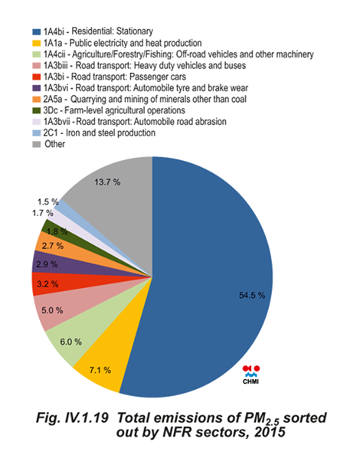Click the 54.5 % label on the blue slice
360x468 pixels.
(252, 296)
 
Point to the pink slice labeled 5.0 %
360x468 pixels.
(54, 310)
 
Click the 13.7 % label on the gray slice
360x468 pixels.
(107, 182)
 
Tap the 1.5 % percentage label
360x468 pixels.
(47, 202)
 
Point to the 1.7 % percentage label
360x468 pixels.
(43, 213)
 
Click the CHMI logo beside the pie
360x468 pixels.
(250, 375)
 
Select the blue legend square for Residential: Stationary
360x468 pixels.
(37, 32)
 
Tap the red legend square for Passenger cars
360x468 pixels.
(37, 77)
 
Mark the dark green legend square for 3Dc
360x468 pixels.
(37, 110)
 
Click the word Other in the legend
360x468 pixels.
(54, 144)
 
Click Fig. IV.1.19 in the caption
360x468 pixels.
(72, 418)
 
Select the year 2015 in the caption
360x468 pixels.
(270, 432)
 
